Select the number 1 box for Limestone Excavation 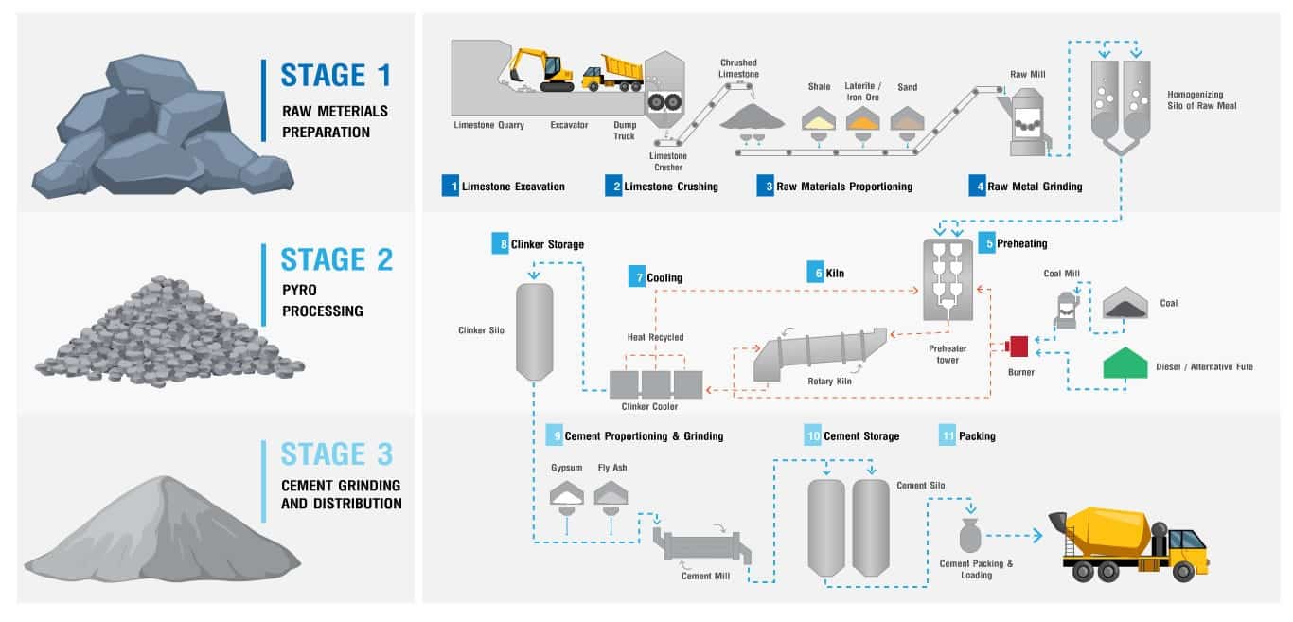450,186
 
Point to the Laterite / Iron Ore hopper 862,119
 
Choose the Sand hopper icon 907,119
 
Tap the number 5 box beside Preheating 986,243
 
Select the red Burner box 1019,346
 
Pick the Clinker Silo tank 533,329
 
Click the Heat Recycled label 654,337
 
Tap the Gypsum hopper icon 567,491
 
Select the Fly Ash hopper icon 611,491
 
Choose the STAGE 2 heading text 336,260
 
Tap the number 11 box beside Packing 948,435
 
